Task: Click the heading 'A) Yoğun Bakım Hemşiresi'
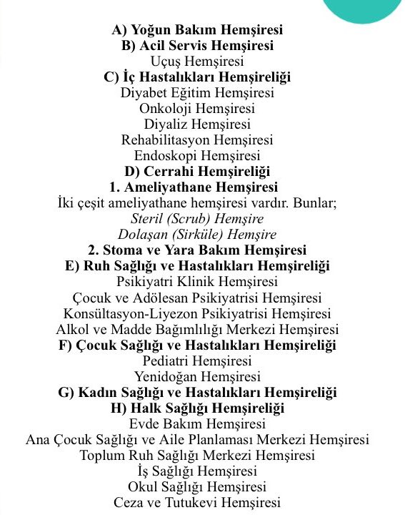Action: pos(197,30)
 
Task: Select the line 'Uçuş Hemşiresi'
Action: pos(197,62)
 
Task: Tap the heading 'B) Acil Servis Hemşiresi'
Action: pos(197,46)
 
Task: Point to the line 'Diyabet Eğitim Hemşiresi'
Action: pos(197,93)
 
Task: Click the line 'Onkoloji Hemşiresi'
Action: pos(197,109)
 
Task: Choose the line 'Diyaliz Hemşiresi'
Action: pos(197,124)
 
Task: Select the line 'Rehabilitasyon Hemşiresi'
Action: pos(197,140)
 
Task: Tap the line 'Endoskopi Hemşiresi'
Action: pos(197,156)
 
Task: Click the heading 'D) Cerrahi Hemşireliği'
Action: pos(197,172)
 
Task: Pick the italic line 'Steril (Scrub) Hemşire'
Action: pos(197,219)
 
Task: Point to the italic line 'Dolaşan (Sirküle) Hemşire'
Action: pos(197,235)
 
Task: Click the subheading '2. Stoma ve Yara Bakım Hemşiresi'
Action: pos(197,250)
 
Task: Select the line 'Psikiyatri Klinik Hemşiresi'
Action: pos(197,282)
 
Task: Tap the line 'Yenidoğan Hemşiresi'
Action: pos(197,376)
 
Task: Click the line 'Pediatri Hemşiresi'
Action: pos(197,360)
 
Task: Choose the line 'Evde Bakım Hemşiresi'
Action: pos(197,423)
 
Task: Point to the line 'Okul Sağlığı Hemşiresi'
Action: pos(197,486)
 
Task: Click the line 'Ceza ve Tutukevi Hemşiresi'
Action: pos(197,502)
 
